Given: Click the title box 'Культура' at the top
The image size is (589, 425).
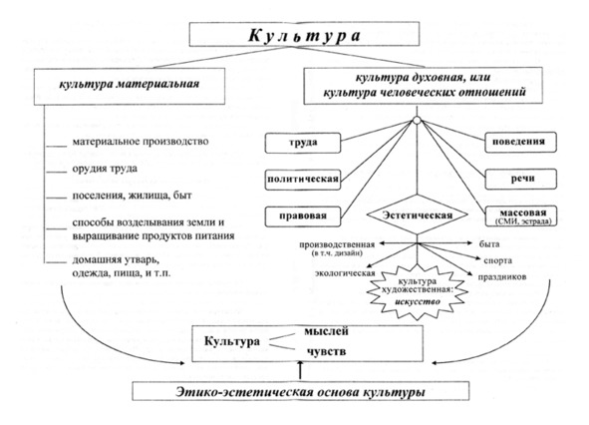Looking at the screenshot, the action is click(304, 34).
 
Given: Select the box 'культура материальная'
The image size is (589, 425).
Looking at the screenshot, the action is click(130, 86).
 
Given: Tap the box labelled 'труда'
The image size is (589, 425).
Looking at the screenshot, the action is click(303, 143).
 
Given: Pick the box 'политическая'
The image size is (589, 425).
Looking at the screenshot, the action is click(303, 180).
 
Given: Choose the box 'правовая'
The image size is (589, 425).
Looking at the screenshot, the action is click(303, 216).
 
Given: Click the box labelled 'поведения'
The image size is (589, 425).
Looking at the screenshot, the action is click(520, 143).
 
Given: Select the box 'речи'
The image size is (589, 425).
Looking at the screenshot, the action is click(520, 179).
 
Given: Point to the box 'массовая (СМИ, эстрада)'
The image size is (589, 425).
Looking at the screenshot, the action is click(520, 215).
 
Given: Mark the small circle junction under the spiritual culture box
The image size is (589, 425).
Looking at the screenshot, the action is click(417, 121).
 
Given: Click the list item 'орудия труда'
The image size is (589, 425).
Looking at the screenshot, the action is click(105, 169).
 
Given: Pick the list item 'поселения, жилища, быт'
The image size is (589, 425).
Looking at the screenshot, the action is click(132, 196).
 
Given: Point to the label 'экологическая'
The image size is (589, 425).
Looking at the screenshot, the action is click(345, 273).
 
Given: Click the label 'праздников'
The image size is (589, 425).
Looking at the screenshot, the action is click(502, 277).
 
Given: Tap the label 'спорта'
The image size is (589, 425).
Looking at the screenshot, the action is click(498, 260).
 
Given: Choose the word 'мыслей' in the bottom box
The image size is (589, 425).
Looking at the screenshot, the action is click(326, 331).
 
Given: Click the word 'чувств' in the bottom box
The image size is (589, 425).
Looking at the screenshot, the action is click(327, 352).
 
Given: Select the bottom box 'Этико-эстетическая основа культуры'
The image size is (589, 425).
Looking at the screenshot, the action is click(301, 391).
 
